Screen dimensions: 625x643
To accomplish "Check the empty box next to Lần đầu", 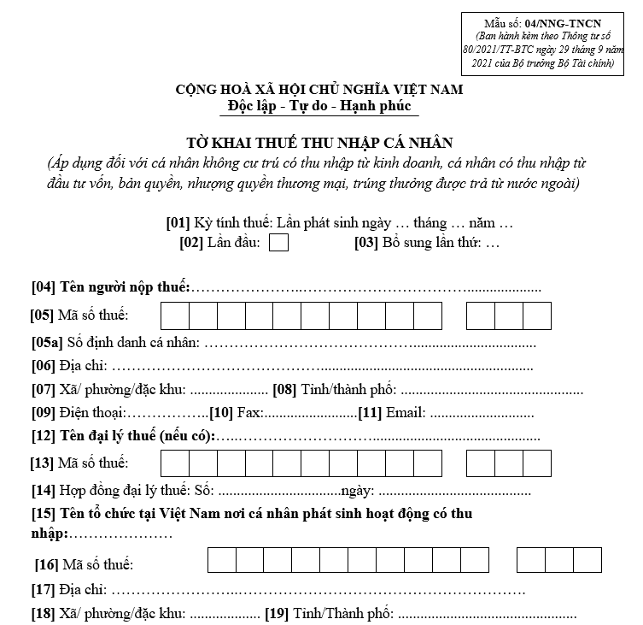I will coord(278,243).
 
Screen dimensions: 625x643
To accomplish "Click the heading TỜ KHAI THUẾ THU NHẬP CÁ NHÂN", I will coord(320,142).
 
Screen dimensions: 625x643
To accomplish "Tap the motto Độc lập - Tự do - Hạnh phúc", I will coord(320,107).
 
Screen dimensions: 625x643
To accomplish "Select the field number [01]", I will coord(178,223).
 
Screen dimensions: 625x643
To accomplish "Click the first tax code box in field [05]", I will coord(174,316).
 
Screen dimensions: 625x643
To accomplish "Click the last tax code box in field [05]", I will coord(537,316).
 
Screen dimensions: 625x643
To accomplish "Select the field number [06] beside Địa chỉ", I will coord(44,367).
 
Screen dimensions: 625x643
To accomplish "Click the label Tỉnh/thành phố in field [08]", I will coord(347,391).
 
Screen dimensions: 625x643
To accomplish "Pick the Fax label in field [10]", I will coord(249,414).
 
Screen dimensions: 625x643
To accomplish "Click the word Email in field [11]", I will coord(405,414).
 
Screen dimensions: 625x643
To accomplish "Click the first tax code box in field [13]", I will coord(174,463).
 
